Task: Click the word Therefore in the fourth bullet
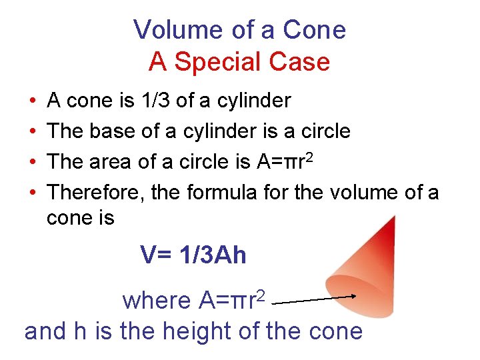tap(96, 192)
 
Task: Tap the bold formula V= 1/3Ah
tap(193, 255)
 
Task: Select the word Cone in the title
tap(314, 30)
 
